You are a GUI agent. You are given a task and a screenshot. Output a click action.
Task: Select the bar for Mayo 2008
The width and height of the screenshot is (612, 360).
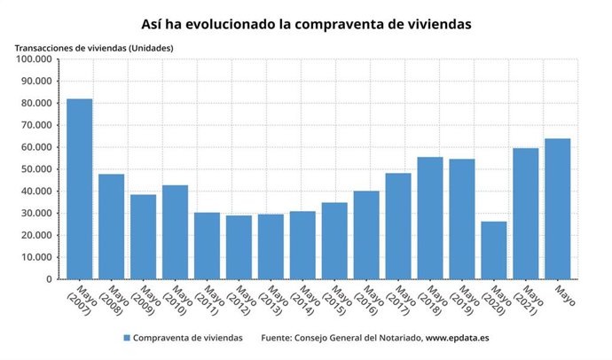coord(111,226)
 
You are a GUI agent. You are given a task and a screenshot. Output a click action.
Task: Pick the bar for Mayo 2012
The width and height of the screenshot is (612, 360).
coord(239,247)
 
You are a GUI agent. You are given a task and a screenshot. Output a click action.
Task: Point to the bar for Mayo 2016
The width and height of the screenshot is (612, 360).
coord(366,235)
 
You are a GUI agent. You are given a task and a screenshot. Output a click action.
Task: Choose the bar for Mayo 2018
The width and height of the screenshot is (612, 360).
coord(430,218)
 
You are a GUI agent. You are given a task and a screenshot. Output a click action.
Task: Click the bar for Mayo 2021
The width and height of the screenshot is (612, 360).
coord(526,214)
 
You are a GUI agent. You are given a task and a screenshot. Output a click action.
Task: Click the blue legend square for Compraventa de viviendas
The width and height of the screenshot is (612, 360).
coord(127,338)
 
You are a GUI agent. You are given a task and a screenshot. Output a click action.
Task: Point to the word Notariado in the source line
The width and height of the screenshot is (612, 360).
coord(396,338)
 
